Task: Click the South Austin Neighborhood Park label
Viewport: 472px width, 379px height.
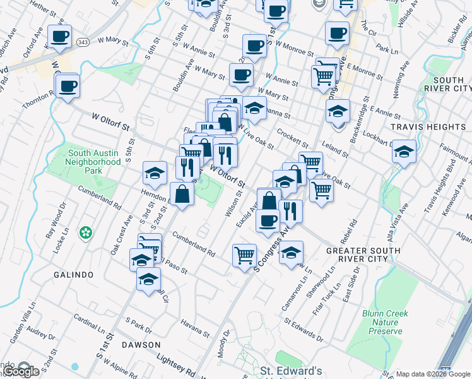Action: pyautogui.click(x=94, y=162)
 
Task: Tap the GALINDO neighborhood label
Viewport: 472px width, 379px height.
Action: pyautogui.click(x=73, y=275)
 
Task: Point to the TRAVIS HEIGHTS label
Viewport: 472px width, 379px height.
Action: pyautogui.click(x=428, y=127)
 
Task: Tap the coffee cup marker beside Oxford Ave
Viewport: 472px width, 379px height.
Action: pyautogui.click(x=59, y=37)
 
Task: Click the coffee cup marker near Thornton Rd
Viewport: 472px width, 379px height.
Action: pyautogui.click(x=68, y=86)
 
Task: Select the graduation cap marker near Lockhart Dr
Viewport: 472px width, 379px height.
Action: pyautogui.click(x=404, y=152)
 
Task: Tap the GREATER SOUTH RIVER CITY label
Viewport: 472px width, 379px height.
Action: pyautogui.click(x=363, y=255)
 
